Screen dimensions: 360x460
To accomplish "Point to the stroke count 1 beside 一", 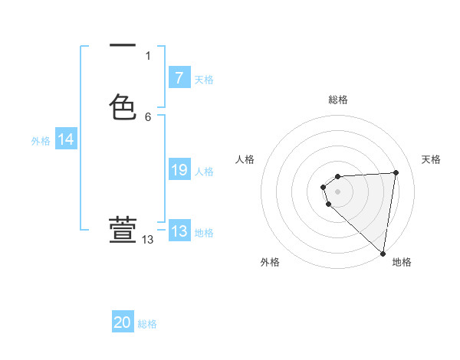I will [x=148, y=56].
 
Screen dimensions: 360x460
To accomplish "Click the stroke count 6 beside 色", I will [x=148, y=117].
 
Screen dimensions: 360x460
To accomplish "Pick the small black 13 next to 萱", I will [x=148, y=240].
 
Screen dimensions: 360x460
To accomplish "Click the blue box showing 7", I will [x=179, y=78].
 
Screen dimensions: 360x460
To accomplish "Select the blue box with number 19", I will [x=179, y=171].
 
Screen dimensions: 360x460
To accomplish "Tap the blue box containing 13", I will [x=179, y=231].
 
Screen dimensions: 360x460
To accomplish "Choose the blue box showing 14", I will [x=66, y=139].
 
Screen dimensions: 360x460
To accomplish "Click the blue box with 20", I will [x=123, y=322].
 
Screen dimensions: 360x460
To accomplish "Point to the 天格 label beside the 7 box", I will [x=204, y=80].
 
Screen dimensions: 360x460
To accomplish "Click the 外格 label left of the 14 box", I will [x=41, y=141].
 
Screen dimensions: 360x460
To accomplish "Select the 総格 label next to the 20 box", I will [x=147, y=324].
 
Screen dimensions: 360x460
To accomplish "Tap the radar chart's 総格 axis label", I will [x=338, y=100].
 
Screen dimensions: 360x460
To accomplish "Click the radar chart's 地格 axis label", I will [x=402, y=262].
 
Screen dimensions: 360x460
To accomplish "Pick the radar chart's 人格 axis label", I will [x=245, y=159].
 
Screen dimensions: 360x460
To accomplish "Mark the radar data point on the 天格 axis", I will [x=396, y=172].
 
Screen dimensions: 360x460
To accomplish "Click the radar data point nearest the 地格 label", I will [x=383, y=253].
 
